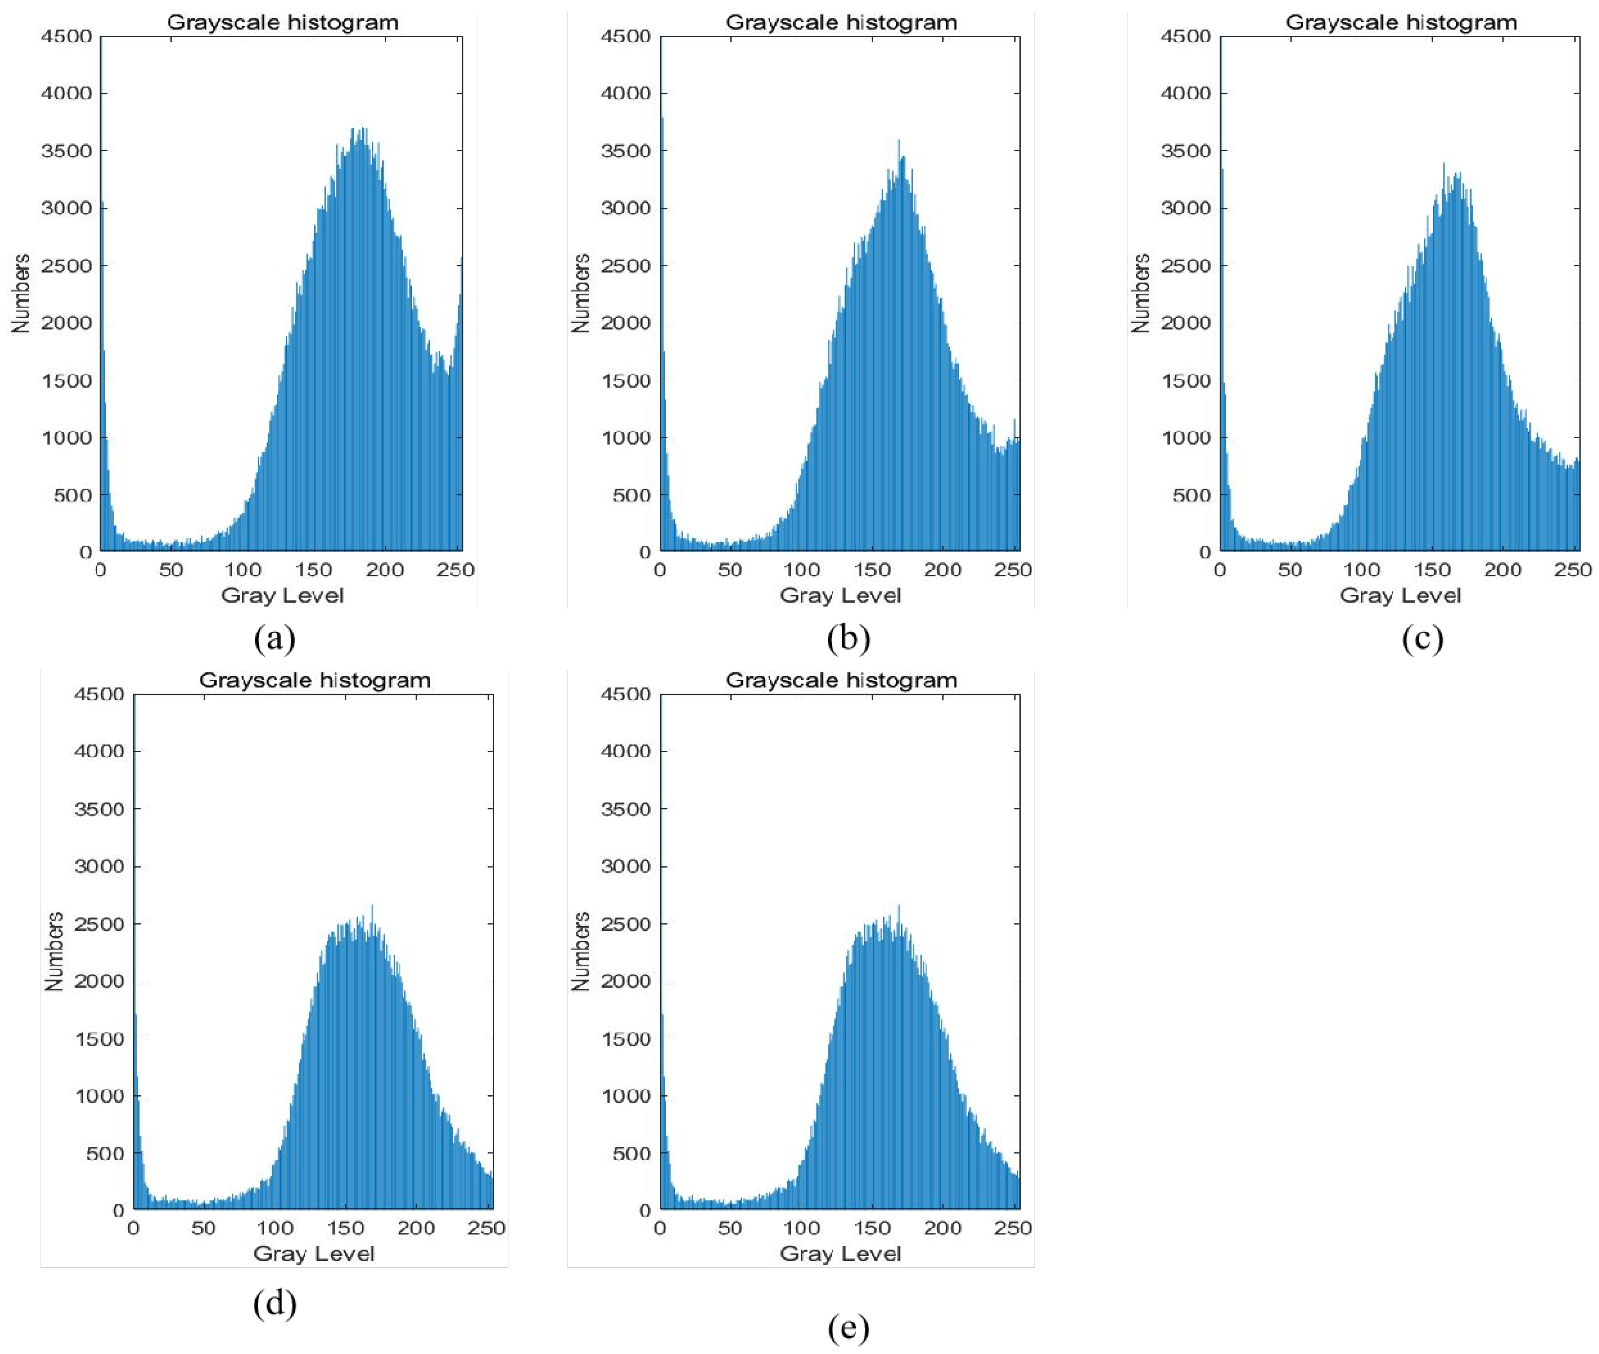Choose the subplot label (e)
pos(848,1327)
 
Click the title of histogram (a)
pos(283,22)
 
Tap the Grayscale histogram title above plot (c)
pos(1401,22)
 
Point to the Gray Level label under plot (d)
pos(313,1253)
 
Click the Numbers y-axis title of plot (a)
pos(22,293)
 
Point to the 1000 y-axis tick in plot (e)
pos(626,1096)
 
